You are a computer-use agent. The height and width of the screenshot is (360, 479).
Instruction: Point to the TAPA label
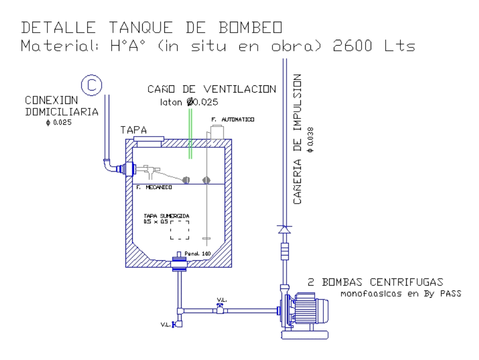134,130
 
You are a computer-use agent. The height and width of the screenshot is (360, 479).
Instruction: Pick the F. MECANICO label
154,188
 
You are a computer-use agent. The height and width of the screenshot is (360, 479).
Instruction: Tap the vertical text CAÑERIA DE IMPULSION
297,139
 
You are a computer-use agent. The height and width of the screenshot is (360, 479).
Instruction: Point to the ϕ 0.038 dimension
311,139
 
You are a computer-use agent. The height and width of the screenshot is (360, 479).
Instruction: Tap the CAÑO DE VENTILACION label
212,89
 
